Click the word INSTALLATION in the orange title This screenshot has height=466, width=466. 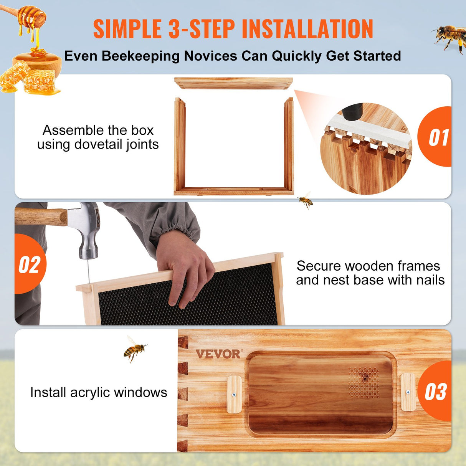307,29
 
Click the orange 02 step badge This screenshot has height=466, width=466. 30,264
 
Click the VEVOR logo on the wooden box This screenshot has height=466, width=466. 218,354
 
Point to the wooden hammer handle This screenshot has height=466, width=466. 41,216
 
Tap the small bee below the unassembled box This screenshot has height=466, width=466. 306,200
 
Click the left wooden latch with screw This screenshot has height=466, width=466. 234,394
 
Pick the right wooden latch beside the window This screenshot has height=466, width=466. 408,392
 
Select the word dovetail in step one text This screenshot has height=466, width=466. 100,145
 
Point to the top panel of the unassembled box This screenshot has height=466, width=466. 233,83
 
